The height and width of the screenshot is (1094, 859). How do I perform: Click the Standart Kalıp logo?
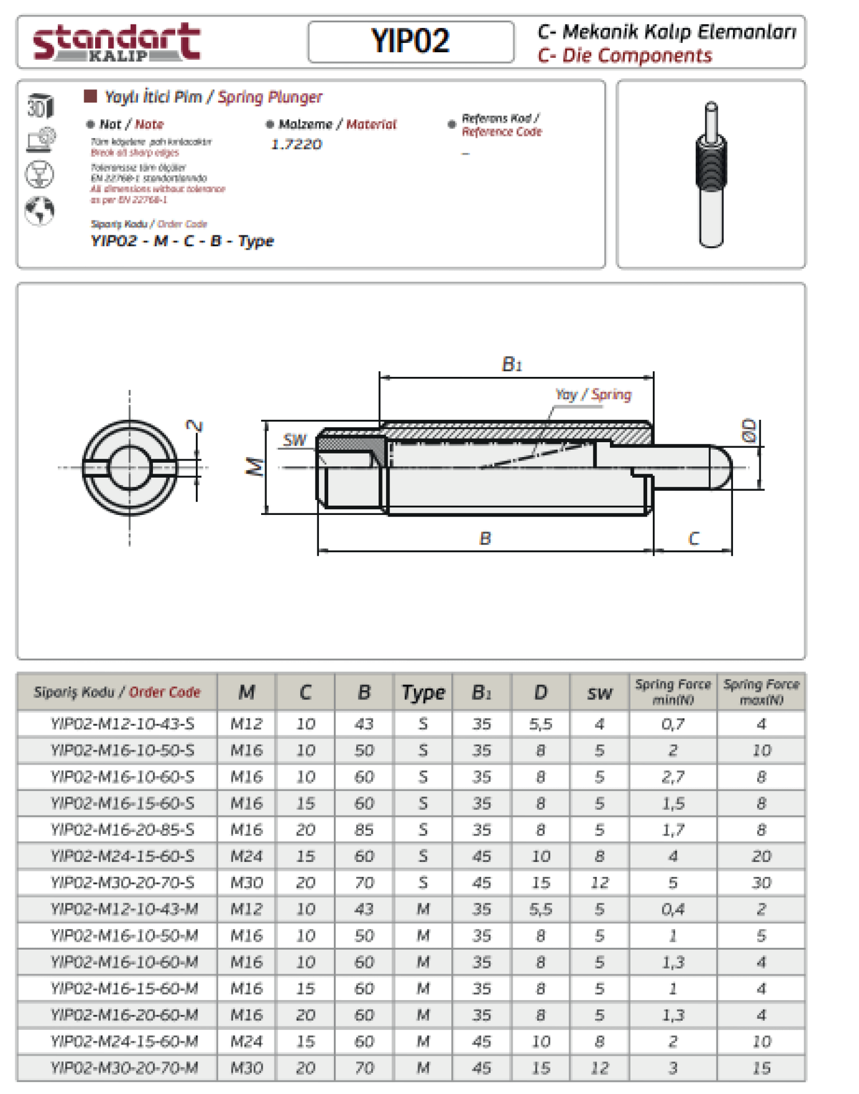pos(116,42)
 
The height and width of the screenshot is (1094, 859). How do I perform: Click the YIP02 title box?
pos(411,41)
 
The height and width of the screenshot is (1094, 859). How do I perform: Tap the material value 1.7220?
pos(296,144)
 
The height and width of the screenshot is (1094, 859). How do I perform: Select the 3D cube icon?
pos(40,106)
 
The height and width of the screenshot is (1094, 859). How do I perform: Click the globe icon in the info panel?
pos(40,210)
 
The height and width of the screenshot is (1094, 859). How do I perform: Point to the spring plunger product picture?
pos(711,174)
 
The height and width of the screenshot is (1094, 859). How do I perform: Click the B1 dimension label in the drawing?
pos(511,364)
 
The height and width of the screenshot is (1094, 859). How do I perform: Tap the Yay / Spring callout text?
pos(593,395)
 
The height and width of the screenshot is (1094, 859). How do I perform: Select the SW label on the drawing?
pos(295,440)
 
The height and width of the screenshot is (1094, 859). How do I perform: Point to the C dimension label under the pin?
pos(693,538)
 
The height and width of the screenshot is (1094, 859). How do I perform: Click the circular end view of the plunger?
pos(130,467)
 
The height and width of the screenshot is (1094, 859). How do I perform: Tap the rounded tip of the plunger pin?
pos(722,467)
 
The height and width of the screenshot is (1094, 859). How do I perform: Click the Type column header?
pos(423,692)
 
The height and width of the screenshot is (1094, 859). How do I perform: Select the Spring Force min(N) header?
pos(673,692)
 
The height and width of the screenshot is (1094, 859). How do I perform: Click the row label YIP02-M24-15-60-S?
pos(122,856)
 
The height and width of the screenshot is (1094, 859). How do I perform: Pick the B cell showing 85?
pos(364,830)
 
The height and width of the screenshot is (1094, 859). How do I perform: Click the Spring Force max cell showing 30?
pos(761,883)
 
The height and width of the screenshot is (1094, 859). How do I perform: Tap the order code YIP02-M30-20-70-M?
pos(124,1068)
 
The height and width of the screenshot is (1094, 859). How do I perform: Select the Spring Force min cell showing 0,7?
pos(673,724)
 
